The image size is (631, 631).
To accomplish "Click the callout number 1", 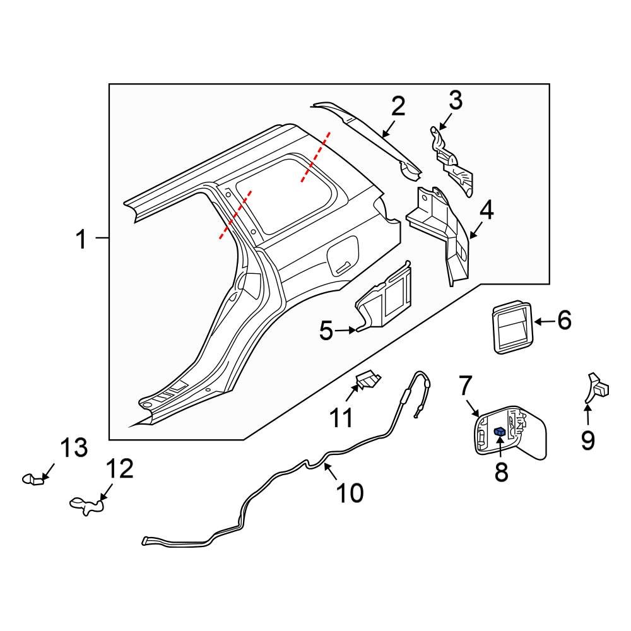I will (x=81, y=240).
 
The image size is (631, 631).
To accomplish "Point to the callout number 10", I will (x=350, y=493).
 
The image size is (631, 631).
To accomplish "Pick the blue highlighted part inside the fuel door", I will (x=500, y=432).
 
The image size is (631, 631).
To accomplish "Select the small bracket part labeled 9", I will (x=596, y=386).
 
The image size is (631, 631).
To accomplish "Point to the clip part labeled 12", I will (x=86, y=505).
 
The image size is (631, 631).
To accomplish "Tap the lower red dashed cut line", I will (x=235, y=215).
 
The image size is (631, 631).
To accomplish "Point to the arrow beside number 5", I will (x=346, y=329).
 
